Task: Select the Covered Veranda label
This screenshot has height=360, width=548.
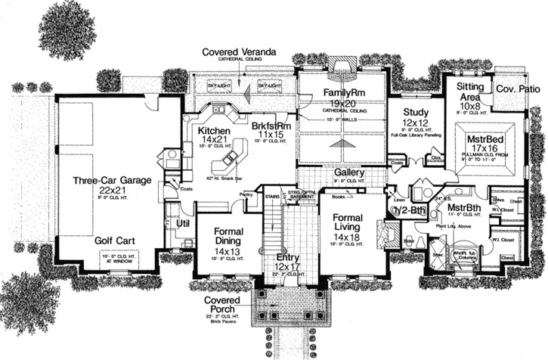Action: click(x=239, y=51)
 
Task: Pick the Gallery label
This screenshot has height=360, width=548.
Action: click(x=351, y=172)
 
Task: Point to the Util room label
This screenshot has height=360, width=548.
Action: click(x=182, y=224)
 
